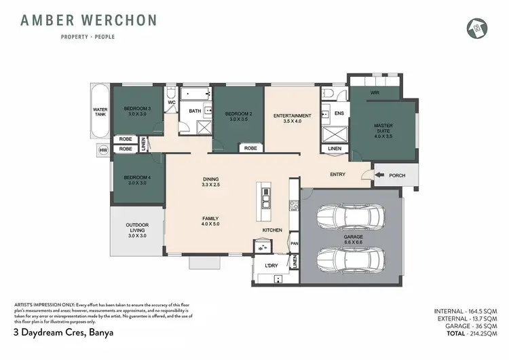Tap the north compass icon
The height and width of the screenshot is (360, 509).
475,27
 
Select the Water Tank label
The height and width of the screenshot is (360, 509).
100,111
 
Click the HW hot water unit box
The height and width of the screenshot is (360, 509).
104,149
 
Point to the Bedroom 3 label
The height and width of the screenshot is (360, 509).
137,111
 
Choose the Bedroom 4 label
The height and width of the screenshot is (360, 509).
137,181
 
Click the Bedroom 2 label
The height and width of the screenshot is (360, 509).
238,115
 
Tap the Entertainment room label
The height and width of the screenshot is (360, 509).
292,119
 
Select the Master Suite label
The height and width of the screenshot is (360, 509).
383,128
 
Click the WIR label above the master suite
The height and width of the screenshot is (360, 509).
375,92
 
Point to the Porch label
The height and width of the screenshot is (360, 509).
396,175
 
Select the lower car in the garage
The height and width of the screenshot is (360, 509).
350,259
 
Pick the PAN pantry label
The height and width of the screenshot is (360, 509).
295,243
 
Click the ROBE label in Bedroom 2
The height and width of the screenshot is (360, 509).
250,147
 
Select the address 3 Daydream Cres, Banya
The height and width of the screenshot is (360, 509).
63,334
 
